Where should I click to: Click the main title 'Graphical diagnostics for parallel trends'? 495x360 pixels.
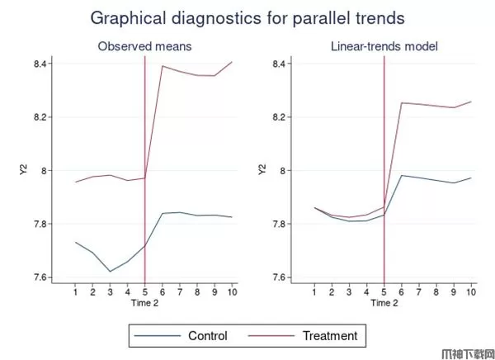click(x=247, y=17)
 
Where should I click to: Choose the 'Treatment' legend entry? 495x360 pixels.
click(x=330, y=336)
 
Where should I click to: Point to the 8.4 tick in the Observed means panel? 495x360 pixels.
click(x=39, y=64)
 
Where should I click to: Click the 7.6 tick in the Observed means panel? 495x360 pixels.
click(x=39, y=277)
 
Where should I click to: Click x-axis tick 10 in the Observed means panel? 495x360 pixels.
click(x=232, y=291)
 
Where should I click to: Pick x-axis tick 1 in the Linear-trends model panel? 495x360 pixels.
click(x=314, y=291)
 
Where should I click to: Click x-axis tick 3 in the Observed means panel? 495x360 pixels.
click(x=110, y=291)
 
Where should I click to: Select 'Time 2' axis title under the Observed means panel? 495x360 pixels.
click(x=144, y=303)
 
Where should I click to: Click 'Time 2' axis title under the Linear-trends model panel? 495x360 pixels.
click(x=384, y=303)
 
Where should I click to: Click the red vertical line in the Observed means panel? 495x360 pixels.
click(x=145, y=165)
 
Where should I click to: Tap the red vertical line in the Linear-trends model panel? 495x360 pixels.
click(x=384, y=165)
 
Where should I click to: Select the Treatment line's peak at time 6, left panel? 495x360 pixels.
click(x=163, y=66)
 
